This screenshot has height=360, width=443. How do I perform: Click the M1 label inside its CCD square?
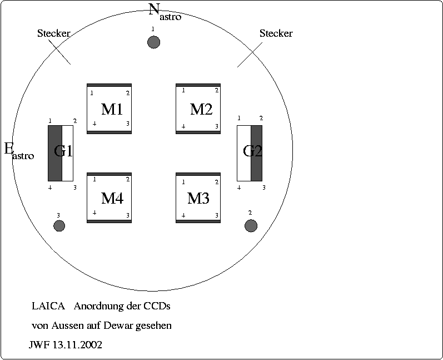(x=112, y=109)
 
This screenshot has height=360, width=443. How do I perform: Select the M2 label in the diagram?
(x=201, y=109)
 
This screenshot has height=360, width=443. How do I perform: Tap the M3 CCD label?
(x=198, y=198)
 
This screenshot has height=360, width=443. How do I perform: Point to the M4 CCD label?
(x=112, y=198)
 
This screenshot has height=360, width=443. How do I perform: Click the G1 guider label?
(x=63, y=151)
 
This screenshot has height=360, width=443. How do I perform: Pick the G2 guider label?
(x=252, y=151)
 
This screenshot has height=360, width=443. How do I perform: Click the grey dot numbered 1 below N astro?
(x=153, y=42)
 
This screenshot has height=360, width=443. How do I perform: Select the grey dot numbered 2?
(x=251, y=225)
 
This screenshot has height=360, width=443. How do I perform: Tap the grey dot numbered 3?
(x=59, y=225)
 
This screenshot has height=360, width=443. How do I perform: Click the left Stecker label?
(x=53, y=33)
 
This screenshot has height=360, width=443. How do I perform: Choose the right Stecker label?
(x=276, y=33)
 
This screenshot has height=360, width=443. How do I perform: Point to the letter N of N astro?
(x=155, y=9)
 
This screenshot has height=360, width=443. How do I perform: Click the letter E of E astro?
(x=9, y=148)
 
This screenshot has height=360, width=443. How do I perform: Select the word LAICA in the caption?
(x=48, y=307)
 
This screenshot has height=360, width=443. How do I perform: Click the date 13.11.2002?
(x=77, y=345)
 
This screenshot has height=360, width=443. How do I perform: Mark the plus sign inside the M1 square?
(x=94, y=124)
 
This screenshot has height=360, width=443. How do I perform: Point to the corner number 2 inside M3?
(x=217, y=182)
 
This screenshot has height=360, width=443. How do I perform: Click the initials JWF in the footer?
(x=39, y=345)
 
